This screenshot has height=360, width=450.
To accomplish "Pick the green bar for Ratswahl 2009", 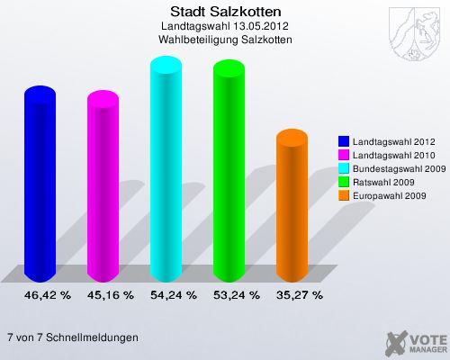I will (x=229, y=173).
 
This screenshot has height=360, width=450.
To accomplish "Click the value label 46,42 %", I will (x=48, y=294).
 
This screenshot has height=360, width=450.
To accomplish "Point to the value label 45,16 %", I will (x=111, y=294).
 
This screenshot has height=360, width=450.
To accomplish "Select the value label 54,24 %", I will (x=174, y=294).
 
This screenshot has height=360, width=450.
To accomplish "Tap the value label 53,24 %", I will (x=237, y=294).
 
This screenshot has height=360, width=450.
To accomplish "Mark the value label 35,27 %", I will (x=300, y=294).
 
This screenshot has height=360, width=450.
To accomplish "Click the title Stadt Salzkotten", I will (x=225, y=12).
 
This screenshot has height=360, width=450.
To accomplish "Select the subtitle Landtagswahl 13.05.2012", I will (x=225, y=27).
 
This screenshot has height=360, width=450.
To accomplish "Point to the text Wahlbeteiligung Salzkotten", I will (x=225, y=40).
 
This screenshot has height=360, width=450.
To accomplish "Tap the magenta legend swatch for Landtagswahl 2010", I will (x=344, y=156).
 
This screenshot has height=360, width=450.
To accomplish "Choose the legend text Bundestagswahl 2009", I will (x=399, y=168).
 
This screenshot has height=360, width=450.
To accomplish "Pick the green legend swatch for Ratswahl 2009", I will (x=344, y=182).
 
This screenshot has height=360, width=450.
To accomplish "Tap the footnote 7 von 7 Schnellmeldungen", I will (x=72, y=337).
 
